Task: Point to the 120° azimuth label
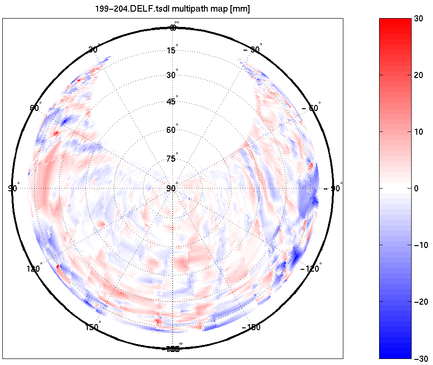(34, 269)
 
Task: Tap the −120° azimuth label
(311, 269)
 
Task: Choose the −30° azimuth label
(253, 49)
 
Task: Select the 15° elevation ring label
(172, 50)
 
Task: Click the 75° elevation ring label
(172, 159)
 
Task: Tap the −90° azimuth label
(333, 188)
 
